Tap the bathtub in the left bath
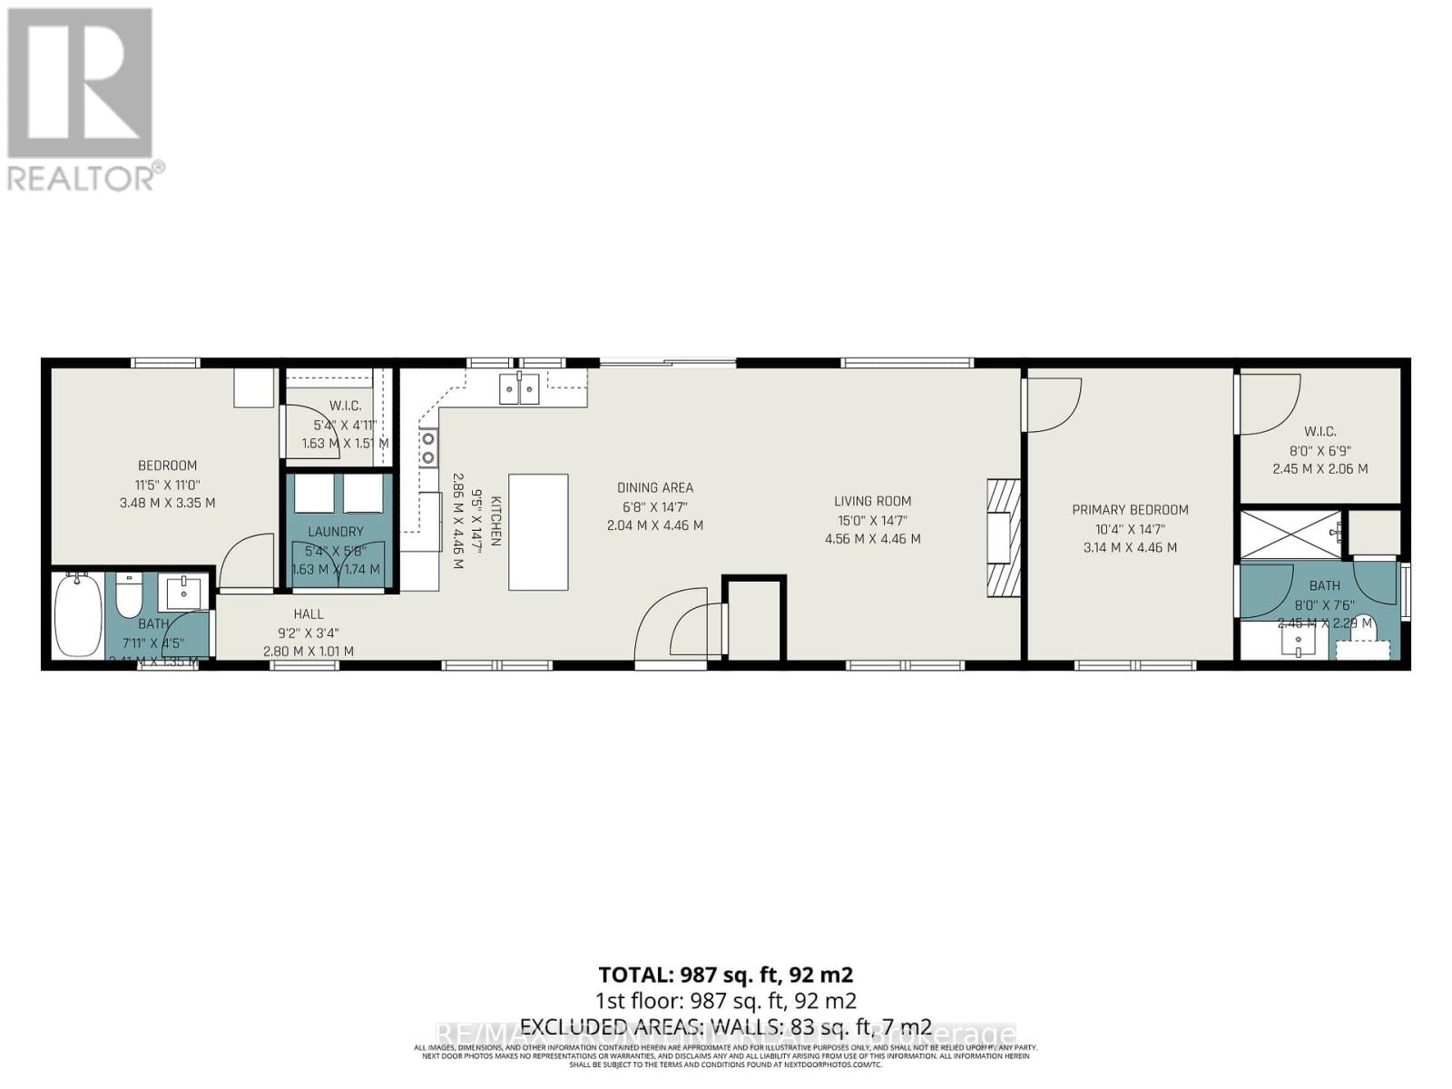click(78, 614)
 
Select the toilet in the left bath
click(128, 596)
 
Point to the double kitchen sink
click(519, 388)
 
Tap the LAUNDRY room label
click(335, 532)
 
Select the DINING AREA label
click(654, 488)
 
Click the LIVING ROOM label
click(872, 501)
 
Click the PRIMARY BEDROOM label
click(1130, 510)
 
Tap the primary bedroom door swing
click(1053, 405)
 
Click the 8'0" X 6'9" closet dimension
click(1320, 451)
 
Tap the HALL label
click(309, 614)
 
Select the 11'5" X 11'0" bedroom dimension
click(167, 484)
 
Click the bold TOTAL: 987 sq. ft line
click(725, 975)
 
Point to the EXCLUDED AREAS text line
click(725, 1027)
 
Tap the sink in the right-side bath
click(1298, 643)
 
